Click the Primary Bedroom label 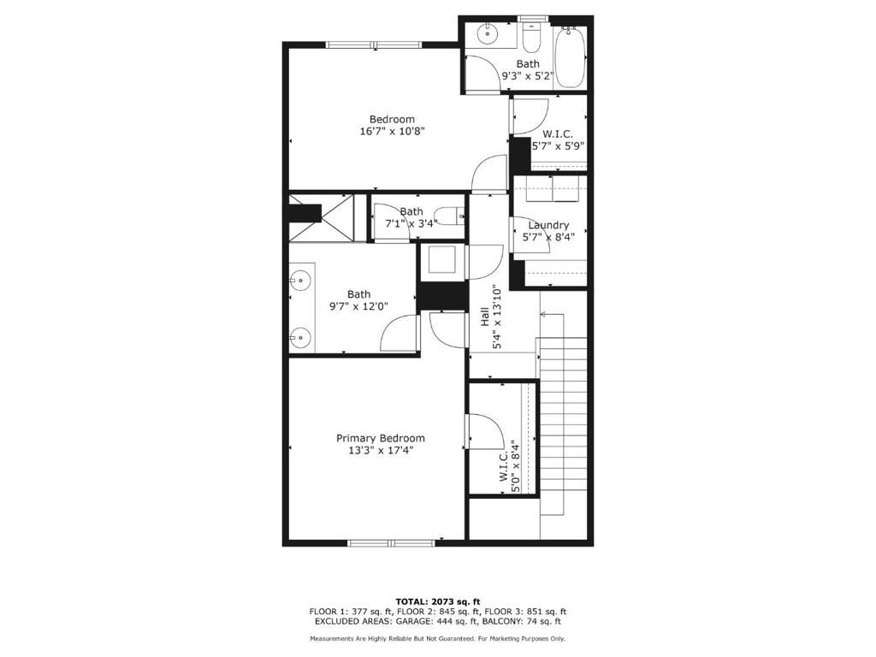pos(380,439)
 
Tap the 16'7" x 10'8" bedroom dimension pos(392,131)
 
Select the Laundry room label pos(548,225)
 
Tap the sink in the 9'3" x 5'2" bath pos(488,33)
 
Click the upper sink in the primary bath pos(300,278)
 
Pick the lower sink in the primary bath pos(300,337)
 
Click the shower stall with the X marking pos(337,218)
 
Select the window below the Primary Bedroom pos(391,542)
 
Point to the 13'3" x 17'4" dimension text pos(380,451)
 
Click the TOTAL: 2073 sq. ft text pos(438,601)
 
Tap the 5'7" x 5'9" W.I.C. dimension pos(558,147)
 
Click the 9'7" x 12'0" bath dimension pos(358,306)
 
